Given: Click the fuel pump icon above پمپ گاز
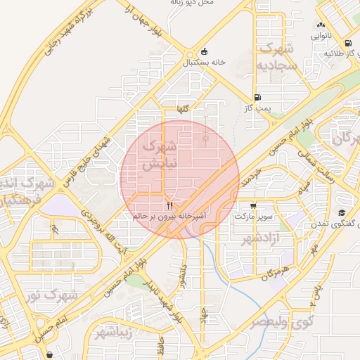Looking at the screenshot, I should click(258, 98).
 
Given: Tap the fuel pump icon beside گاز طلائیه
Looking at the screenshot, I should click(316, 53).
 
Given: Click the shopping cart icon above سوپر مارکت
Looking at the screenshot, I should click(253, 206).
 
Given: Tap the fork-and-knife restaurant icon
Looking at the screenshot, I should click(169, 206).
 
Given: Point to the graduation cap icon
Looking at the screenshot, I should click(342, 213).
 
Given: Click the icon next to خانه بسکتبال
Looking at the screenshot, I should click(204, 51).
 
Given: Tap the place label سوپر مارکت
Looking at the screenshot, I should click(253, 217).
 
